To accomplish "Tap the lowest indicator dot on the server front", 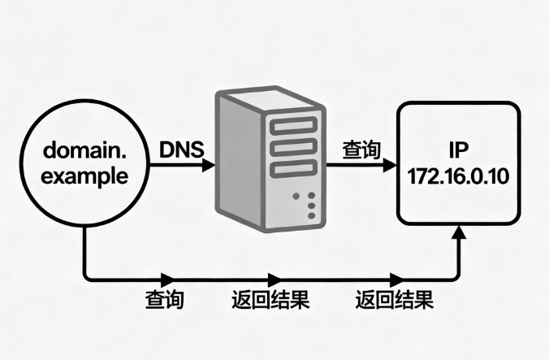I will click(311, 216).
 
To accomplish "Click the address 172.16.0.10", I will click(457, 176).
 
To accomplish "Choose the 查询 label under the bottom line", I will click(166, 301).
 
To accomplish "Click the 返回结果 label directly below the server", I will click(270, 301).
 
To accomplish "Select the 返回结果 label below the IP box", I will click(395, 301).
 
